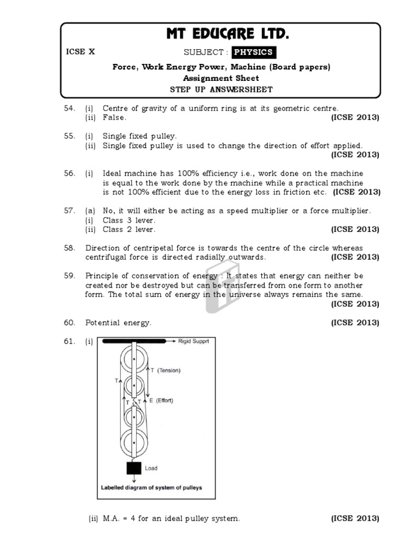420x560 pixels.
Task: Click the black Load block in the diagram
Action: coord(134,468)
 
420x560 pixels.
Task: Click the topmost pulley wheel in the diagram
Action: coord(133,360)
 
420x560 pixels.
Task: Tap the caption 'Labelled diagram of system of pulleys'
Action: coord(151,488)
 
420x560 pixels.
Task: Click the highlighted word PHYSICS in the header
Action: coord(253,52)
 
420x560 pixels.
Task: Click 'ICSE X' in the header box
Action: coord(80,52)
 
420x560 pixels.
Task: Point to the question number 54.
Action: coord(69,108)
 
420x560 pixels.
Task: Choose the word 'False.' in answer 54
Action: coord(114,118)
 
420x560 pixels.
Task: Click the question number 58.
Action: coord(69,248)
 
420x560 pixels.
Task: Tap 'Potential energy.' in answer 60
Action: coord(118,323)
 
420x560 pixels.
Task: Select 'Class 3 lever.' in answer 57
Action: coord(129,220)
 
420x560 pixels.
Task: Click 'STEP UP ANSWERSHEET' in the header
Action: coord(220,90)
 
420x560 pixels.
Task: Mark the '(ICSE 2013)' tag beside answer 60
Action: coord(355,323)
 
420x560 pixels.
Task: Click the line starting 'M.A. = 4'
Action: coord(171,518)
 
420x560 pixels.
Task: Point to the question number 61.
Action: coord(69,342)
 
